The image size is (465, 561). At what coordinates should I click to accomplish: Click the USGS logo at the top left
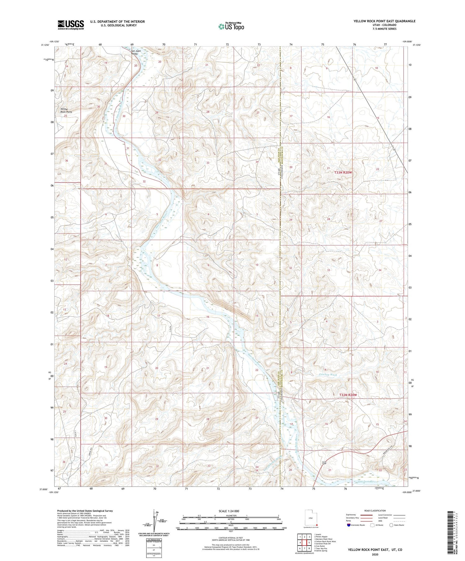(71, 25)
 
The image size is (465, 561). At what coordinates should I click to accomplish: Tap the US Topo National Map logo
(231, 27)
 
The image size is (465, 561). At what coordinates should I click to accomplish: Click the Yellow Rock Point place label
(66, 110)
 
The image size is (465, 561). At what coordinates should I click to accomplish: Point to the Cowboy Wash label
(328, 374)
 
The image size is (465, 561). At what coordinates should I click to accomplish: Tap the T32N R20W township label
(348, 395)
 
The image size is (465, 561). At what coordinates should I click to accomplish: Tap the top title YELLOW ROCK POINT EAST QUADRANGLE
(384, 21)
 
